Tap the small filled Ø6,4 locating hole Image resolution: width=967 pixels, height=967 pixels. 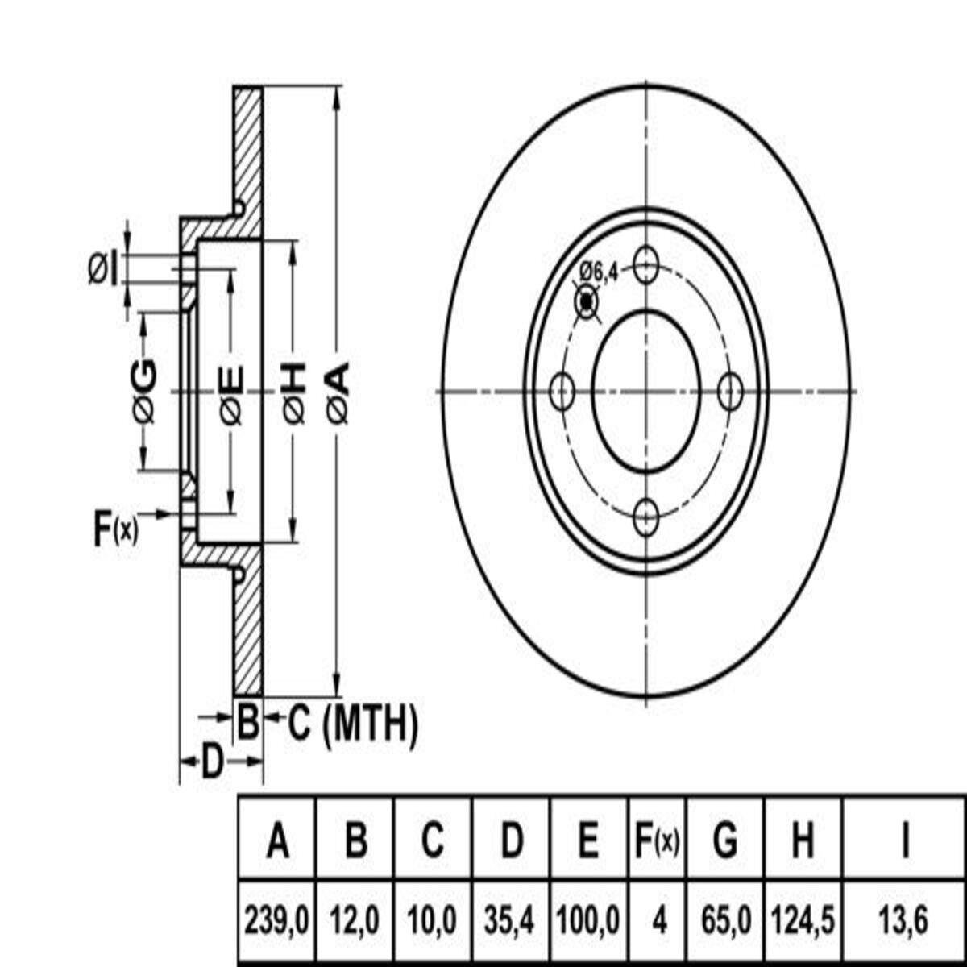coord(586,302)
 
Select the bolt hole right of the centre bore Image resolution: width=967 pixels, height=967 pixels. coord(730,392)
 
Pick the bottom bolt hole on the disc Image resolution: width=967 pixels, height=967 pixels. coord(645,518)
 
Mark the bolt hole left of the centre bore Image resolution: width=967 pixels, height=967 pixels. coord(562,392)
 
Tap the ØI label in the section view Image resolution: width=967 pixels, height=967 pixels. coord(103,269)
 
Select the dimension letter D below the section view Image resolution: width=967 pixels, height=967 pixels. coord(212,762)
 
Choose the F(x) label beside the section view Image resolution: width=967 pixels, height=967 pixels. coord(115,529)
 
